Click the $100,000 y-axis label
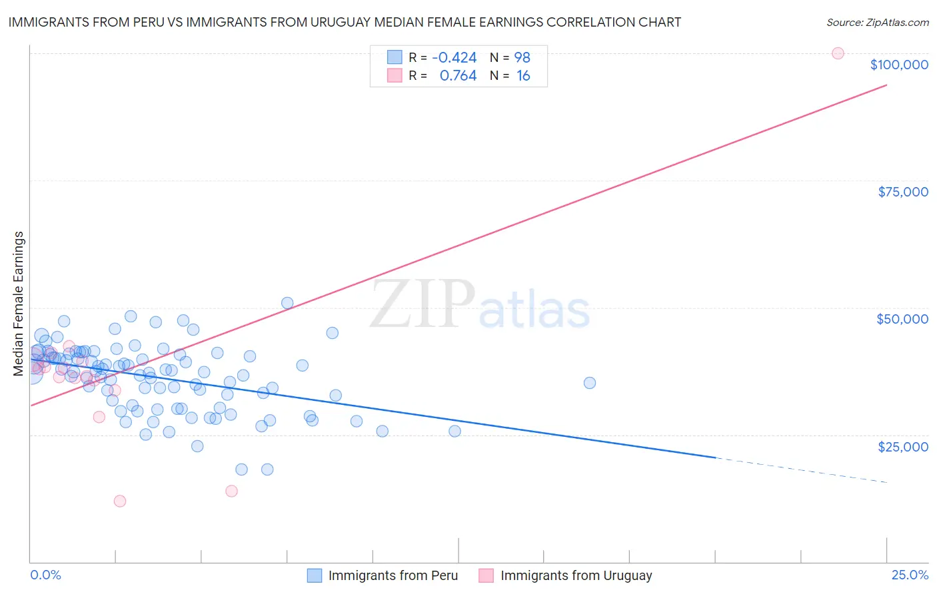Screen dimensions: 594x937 click(x=899, y=65)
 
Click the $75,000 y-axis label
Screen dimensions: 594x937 click(x=903, y=192)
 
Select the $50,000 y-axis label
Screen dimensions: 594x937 click(x=902, y=319)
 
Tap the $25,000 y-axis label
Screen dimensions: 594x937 click(x=903, y=446)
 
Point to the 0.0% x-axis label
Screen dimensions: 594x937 click(x=45, y=575)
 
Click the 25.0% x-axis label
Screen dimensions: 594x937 click(x=910, y=575)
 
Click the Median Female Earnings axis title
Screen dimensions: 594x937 click(x=19, y=304)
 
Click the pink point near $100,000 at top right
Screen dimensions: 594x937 click(x=838, y=53)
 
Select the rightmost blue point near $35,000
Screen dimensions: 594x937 click(x=590, y=383)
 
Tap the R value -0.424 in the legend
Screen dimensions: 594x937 click(x=454, y=57)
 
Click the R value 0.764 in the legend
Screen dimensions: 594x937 click(x=458, y=76)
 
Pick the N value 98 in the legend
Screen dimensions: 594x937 click(x=522, y=57)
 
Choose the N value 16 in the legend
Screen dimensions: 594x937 click(x=523, y=76)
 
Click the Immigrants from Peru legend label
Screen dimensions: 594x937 click(x=393, y=575)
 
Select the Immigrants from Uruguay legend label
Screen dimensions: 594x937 click(x=576, y=575)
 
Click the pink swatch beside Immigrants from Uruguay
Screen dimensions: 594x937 click(x=486, y=575)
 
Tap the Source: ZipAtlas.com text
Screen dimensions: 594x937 click(x=877, y=22)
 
